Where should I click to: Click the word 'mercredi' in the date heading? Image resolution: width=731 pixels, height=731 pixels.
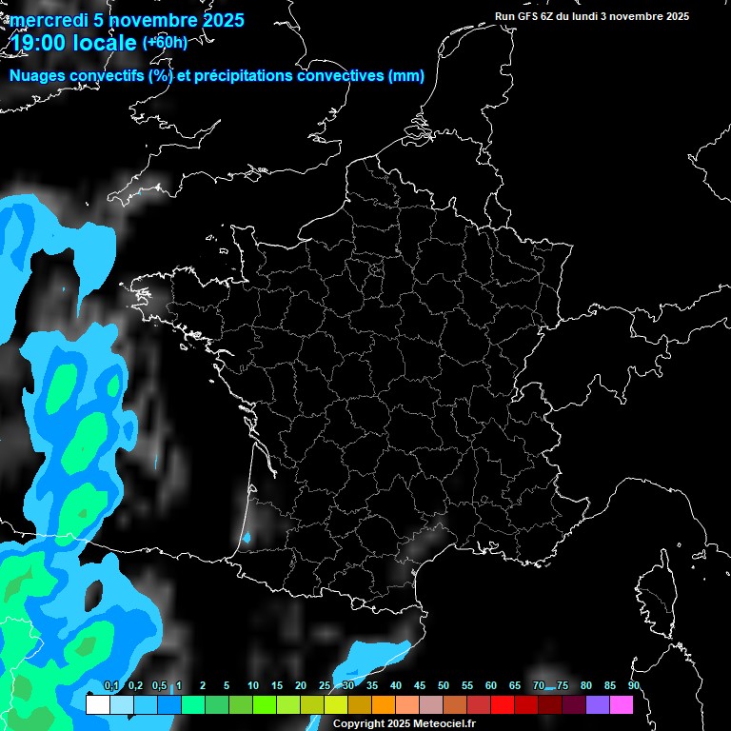(x=44, y=20)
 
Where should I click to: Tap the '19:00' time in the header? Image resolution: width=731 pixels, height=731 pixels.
(x=38, y=44)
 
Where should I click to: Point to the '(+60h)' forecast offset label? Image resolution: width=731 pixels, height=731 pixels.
(x=166, y=42)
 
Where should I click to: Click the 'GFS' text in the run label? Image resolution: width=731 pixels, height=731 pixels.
(x=529, y=16)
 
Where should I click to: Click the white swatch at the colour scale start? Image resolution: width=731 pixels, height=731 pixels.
(x=97, y=705)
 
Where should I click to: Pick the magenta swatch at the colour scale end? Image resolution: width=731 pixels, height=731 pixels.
(x=622, y=705)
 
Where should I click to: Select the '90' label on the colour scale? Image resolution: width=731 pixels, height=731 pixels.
(x=634, y=686)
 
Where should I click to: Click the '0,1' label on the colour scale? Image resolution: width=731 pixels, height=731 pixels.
(x=111, y=686)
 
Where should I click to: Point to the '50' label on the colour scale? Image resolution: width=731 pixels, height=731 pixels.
(x=444, y=686)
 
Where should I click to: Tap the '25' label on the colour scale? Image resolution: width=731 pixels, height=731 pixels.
(x=325, y=686)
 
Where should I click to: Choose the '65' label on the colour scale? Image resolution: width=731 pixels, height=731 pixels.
(x=515, y=686)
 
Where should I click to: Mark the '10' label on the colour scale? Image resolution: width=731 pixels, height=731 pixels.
(x=253, y=686)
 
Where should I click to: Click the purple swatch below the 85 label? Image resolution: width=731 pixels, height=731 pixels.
(x=598, y=705)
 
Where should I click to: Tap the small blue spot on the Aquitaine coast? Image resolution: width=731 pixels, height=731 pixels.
(x=247, y=538)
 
